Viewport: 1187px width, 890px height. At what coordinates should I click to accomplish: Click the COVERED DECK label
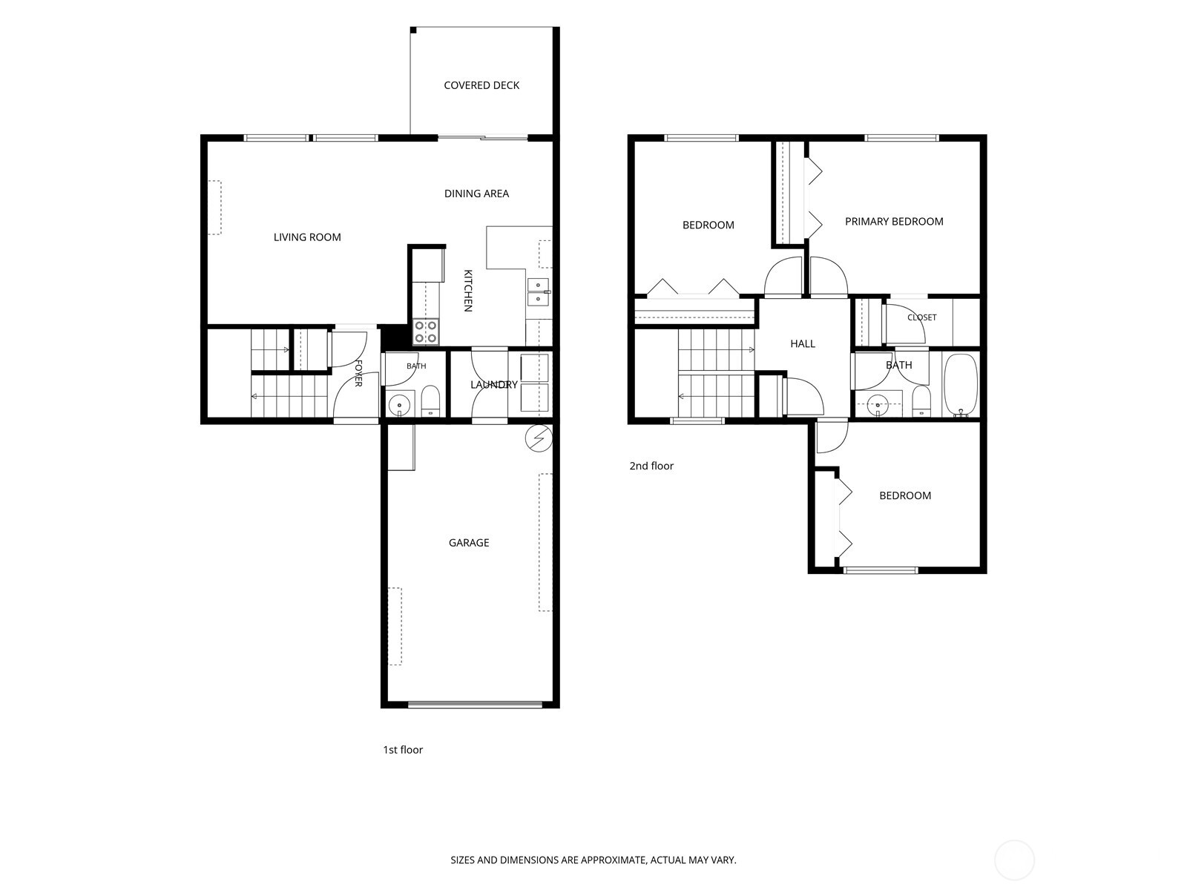coord(481,85)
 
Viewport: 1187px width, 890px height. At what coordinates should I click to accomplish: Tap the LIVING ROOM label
coord(307,237)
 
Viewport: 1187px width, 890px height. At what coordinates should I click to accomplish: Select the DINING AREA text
coord(476,194)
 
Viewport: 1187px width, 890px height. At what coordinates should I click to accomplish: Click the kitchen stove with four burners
coord(426,332)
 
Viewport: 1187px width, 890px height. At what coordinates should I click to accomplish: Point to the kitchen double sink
coord(538,291)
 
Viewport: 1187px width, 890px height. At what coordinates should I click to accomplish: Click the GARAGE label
coord(469,543)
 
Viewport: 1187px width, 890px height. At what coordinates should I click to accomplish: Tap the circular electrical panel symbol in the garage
coord(539,438)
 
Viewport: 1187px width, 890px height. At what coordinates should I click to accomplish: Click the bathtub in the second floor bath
coord(961,385)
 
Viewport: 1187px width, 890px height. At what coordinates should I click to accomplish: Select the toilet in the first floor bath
coord(431,401)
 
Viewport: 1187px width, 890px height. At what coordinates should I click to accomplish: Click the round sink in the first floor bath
coord(400,404)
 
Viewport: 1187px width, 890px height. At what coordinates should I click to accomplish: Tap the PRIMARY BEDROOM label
coord(894,222)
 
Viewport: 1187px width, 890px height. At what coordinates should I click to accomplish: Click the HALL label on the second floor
coord(803,343)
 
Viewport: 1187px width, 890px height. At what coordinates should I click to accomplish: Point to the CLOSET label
coord(921,317)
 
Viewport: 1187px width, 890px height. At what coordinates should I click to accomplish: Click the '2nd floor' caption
coord(651,466)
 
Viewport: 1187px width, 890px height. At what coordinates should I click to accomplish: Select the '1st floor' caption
coord(403,750)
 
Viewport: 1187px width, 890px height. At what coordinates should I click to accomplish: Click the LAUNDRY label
coord(494,385)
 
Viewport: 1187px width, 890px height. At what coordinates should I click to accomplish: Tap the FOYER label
coord(358,373)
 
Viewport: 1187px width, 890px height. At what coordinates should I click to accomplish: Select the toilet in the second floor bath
coord(921,401)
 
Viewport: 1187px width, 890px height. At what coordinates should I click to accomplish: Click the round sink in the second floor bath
coord(877,405)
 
